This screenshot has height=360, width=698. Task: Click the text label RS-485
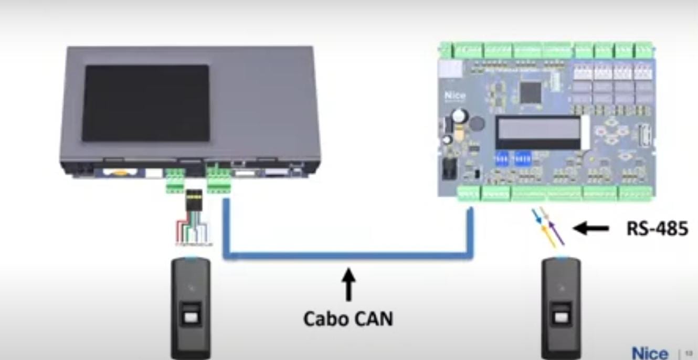pyautogui.click(x=657, y=228)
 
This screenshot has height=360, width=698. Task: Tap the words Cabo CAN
pyautogui.click(x=348, y=317)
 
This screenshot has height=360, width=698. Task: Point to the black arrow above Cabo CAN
pyautogui.click(x=348, y=283)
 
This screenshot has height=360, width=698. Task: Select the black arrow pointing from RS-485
pyautogui.click(x=590, y=228)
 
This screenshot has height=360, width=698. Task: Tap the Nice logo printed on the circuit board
pyautogui.click(x=454, y=97)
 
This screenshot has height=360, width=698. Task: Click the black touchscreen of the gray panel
pyautogui.click(x=146, y=103)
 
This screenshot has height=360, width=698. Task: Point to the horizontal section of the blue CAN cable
pyautogui.click(x=348, y=257)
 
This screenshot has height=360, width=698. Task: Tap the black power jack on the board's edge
pyautogui.click(x=449, y=168)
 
